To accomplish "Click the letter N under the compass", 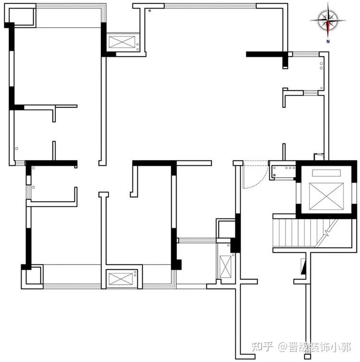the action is (x=328, y=42).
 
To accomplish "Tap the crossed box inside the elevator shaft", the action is (x=326, y=196).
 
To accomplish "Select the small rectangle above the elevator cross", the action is (x=326, y=173).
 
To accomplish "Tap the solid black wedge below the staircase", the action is (x=303, y=266).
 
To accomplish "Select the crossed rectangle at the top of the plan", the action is (x=122, y=42).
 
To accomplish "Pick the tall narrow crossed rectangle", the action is (x=225, y=266).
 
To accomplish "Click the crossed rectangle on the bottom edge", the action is (x=120, y=279).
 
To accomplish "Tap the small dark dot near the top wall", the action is (x=150, y=11).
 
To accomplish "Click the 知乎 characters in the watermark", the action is (x=263, y=347).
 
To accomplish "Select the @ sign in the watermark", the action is (x=282, y=347).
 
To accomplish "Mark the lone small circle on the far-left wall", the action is (x=17, y=148).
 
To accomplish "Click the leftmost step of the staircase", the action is (x=276, y=233).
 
